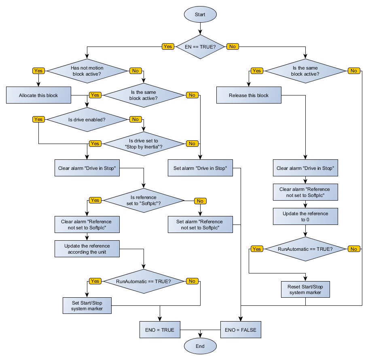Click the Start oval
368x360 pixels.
(x=200, y=15)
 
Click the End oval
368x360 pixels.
(x=200, y=346)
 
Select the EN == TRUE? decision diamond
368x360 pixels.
(x=200, y=47)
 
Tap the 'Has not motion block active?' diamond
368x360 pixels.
(x=87, y=71)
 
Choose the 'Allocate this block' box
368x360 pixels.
(x=38, y=95)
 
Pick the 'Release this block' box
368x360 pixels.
(x=249, y=95)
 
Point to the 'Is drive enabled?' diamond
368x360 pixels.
(x=87, y=119)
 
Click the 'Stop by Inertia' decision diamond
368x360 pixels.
(x=144, y=144)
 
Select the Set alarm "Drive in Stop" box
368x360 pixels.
(x=200, y=168)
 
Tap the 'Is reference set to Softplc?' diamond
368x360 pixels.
(x=144, y=200)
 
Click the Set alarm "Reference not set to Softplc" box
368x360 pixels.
(x=200, y=224)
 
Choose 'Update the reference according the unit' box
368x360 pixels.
(x=87, y=249)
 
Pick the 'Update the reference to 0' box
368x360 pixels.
(x=305, y=216)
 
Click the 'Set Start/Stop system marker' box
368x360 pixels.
(x=87, y=305)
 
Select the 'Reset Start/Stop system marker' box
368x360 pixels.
(x=305, y=289)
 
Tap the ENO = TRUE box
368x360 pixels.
(x=160, y=330)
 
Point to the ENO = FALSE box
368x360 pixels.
(x=241, y=330)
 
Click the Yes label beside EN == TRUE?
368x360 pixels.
(x=167, y=47)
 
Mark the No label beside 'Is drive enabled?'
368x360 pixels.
(x=135, y=119)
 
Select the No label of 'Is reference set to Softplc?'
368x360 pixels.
(x=200, y=201)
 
